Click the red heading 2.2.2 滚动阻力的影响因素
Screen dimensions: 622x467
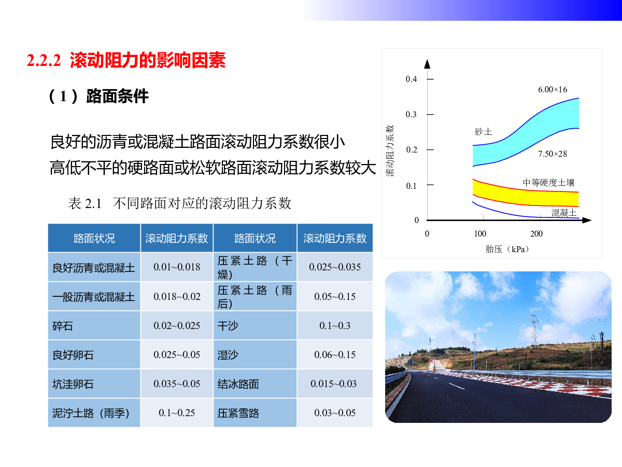click(126, 60)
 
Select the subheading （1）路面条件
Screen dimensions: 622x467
click(98, 96)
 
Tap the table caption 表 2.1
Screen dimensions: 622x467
click(84, 203)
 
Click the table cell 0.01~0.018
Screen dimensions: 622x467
click(177, 267)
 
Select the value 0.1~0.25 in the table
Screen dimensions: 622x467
click(177, 413)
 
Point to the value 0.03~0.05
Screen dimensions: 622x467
click(335, 413)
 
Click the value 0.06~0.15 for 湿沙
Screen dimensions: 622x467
click(335, 355)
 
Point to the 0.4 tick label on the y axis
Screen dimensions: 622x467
click(411, 79)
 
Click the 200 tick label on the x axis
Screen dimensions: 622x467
click(536, 233)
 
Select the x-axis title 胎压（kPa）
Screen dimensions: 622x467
click(507, 249)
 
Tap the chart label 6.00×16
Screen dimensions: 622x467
click(553, 90)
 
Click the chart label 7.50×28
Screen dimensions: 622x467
click(553, 154)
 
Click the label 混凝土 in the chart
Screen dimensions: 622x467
click(563, 213)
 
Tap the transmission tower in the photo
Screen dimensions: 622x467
click(534, 331)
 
